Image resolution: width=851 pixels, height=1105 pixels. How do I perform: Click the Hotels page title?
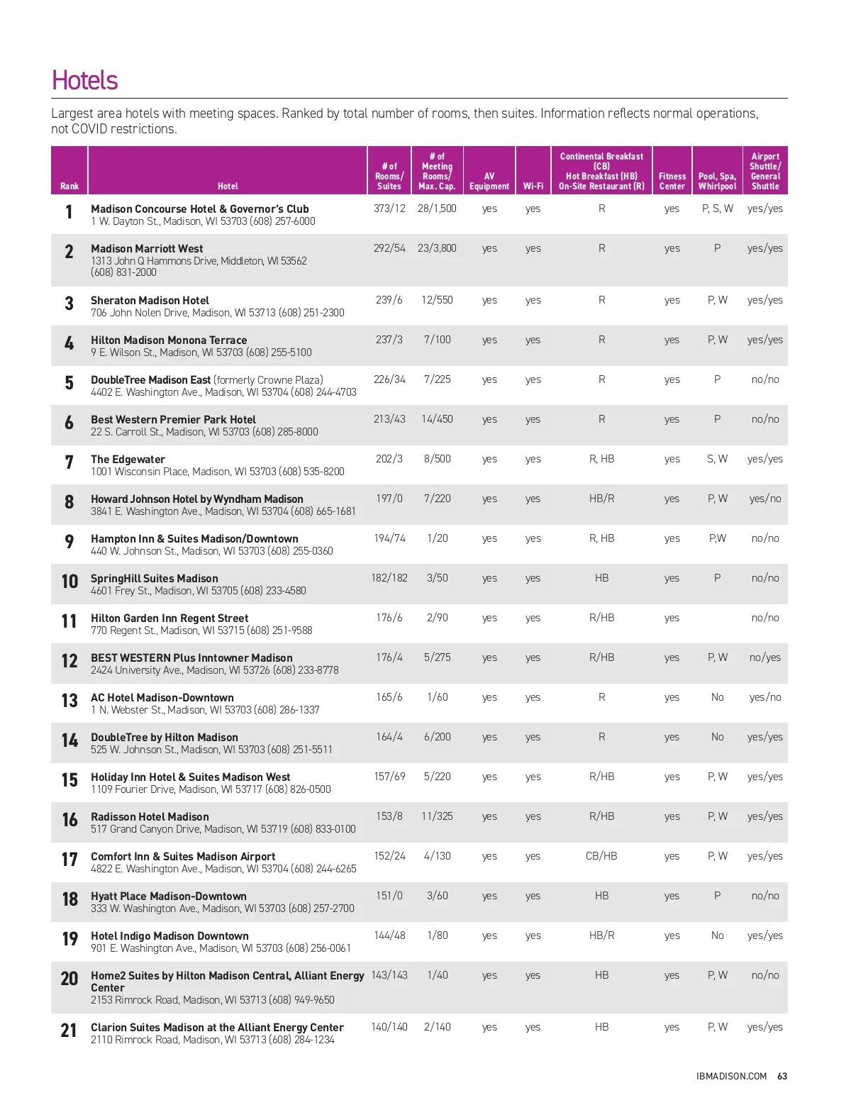[84, 80]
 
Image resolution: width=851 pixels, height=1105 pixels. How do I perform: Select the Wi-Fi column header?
[533, 186]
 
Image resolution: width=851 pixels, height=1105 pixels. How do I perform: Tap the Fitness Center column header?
[672, 181]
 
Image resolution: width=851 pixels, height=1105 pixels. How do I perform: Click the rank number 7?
[69, 463]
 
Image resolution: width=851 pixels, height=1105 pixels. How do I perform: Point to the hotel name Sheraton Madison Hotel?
[150, 300]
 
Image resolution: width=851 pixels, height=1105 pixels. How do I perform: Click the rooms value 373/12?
[389, 209]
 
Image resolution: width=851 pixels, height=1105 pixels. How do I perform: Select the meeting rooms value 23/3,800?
[437, 248]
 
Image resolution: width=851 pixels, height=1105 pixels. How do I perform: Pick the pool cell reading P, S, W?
[717, 209]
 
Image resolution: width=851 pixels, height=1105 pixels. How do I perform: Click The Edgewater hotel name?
[128, 459]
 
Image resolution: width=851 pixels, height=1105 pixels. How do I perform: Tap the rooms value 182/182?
[389, 578]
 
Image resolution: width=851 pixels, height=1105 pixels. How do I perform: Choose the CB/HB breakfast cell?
[601, 856]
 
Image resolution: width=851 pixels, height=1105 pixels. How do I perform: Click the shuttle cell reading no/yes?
[764, 657]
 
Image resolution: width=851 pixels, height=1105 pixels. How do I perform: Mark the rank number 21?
[69, 1031]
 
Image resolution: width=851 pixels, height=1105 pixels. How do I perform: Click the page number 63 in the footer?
[782, 1076]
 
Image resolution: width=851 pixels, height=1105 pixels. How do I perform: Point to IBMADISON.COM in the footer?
[731, 1076]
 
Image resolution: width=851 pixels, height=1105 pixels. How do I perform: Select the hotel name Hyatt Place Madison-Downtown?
[169, 896]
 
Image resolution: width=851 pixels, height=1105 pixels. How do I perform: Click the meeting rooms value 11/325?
[437, 816]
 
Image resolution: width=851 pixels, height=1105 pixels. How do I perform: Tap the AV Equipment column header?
[489, 181]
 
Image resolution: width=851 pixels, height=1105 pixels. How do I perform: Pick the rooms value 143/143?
[389, 975]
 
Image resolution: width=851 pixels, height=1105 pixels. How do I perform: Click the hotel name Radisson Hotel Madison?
[150, 816]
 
